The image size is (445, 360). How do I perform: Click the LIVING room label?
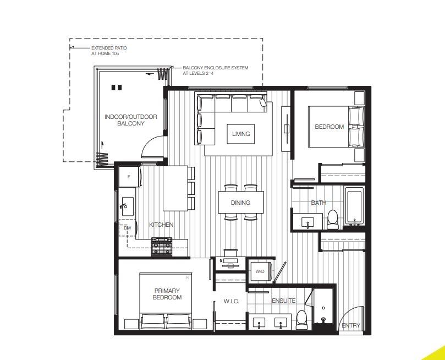(240, 134)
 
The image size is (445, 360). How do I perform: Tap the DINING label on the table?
(240, 203)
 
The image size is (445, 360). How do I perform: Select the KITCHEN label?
(161, 225)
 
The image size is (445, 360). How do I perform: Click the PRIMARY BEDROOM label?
(167, 294)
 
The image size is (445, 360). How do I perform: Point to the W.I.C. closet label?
(230, 301)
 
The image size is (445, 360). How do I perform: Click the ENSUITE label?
(283, 301)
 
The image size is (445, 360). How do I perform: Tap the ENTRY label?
(350, 325)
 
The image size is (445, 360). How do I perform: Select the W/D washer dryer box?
(260, 271)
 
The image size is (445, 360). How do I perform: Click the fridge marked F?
(129, 177)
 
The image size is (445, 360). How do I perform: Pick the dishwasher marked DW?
(127, 228)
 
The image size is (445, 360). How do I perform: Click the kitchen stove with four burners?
(162, 246)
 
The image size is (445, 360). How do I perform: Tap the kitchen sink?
(127, 206)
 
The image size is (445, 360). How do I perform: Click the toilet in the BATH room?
(332, 219)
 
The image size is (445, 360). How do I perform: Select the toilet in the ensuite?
(301, 320)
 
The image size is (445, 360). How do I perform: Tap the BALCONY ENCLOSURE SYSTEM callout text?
(215, 70)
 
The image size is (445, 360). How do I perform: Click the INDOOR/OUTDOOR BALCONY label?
(131, 120)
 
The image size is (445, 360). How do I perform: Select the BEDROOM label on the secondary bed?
(329, 127)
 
